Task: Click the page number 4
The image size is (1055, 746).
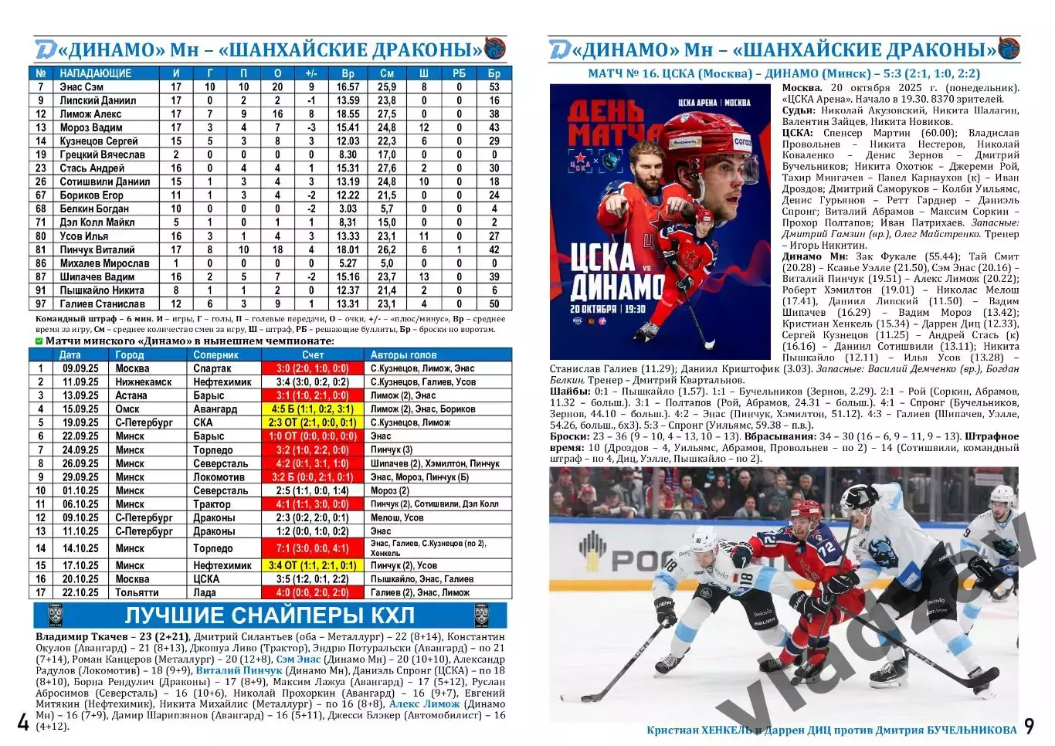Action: coord(23,723)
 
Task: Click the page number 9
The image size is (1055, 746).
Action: coord(1029,726)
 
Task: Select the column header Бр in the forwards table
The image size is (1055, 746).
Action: coord(494,73)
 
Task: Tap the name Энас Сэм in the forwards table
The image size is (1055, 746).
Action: coord(82,87)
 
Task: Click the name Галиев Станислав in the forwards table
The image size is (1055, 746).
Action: coord(102,304)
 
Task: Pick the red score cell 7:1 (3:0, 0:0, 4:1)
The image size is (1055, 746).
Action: coord(313,548)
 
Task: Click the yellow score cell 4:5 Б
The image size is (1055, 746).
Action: coord(313,409)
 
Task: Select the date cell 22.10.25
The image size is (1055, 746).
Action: coord(80,593)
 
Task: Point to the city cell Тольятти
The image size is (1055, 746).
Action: coord(137,593)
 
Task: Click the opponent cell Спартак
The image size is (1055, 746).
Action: coord(212,368)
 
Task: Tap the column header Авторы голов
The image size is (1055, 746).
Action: coord(403,355)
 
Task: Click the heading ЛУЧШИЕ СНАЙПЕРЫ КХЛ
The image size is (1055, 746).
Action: coord(270,615)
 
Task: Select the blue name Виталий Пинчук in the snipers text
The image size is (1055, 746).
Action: coord(239,670)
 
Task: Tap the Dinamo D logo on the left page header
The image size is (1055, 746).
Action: coord(45,49)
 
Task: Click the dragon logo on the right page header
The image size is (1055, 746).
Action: coord(1009,48)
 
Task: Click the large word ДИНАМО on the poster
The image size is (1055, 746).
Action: coord(616,287)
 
